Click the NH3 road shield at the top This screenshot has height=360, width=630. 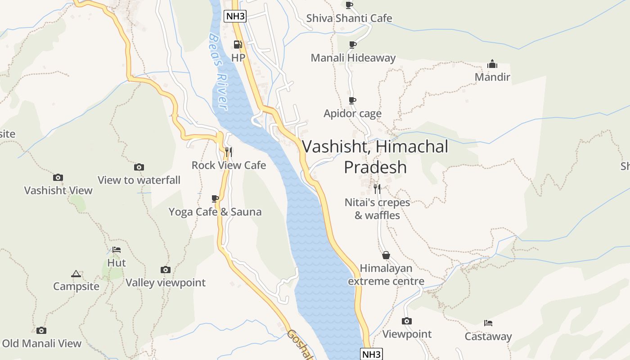coord(235,17)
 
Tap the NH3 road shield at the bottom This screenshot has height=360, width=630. coord(372,354)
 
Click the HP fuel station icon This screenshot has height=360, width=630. coord(238,45)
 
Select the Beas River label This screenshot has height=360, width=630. coord(218,72)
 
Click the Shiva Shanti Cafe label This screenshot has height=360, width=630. coord(349,18)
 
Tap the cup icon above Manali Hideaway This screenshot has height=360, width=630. coord(353,45)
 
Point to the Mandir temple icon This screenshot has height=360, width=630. coord(492,64)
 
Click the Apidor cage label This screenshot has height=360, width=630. coord(352,113)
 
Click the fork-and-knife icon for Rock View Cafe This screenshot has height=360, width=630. coord(229,152)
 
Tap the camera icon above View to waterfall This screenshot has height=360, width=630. coord(139,167)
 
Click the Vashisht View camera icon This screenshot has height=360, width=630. coord(58,177)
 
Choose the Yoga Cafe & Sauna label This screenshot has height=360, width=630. coord(215,211)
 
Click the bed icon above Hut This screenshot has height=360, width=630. coord(117,249)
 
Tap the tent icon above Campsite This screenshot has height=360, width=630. coord(76,274)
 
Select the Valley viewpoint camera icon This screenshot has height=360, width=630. coord(166,270)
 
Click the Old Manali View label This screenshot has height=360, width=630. coord(42,343)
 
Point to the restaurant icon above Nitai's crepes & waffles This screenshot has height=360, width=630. coord(377,189)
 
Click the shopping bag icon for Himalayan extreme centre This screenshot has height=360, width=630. coord(386,255)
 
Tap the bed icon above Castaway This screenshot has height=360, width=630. coord(488,323)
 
